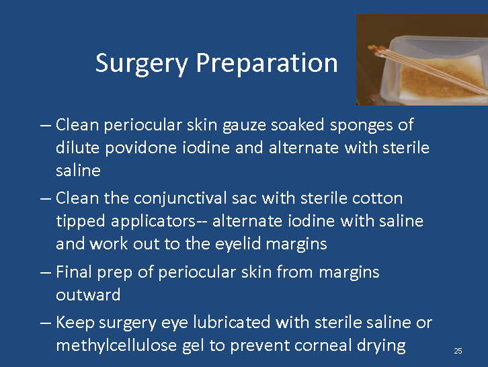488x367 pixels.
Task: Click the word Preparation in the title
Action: click(267, 63)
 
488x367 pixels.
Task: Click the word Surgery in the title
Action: click(141, 64)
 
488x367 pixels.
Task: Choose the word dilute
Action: click(77, 147)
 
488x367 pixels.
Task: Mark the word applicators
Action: click(153, 222)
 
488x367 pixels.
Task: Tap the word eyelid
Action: click(238, 244)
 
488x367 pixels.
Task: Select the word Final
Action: click(74, 272)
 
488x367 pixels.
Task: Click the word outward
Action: click(88, 295)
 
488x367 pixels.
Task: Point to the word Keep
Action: click(75, 323)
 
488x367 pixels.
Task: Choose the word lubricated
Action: click(231, 322)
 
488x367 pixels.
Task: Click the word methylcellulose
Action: click(116, 345)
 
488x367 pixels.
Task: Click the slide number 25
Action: click(458, 351)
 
